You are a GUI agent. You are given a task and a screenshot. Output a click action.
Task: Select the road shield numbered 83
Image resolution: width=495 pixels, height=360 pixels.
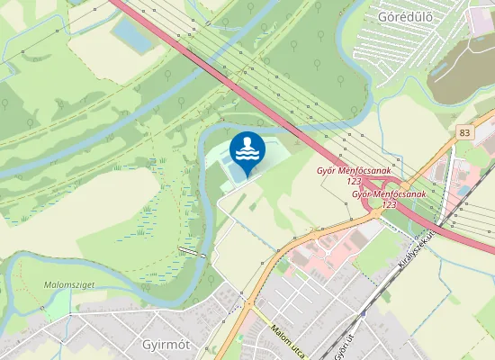pos(463,132)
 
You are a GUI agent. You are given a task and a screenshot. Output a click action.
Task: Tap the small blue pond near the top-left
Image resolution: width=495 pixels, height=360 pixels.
pos(133,35)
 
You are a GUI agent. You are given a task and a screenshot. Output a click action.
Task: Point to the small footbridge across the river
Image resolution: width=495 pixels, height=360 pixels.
pos(190,250)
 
